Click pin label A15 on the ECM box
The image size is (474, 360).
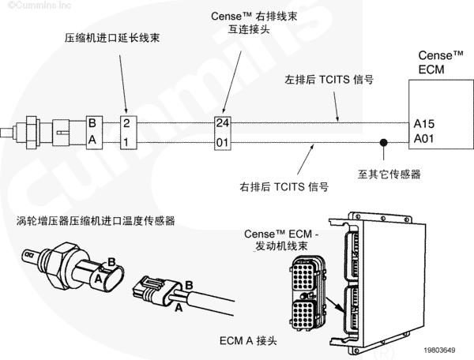(x=423, y=124)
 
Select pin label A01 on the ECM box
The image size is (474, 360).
(x=423, y=139)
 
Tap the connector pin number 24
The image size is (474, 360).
(x=223, y=123)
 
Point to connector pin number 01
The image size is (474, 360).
(x=222, y=143)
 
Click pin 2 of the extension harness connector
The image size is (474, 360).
(x=126, y=123)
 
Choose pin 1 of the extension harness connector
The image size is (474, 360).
(x=126, y=142)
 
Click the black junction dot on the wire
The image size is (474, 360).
(x=384, y=142)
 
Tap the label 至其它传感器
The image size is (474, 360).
(x=389, y=174)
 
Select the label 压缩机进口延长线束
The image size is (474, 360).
(x=112, y=38)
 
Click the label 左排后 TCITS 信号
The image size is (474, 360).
(x=329, y=80)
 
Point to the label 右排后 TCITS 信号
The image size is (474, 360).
(x=284, y=186)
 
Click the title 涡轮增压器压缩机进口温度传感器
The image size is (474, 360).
(x=96, y=221)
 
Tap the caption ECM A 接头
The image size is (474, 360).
(x=248, y=341)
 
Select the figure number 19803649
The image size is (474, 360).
(x=439, y=350)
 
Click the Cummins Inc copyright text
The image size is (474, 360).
(x=39, y=6)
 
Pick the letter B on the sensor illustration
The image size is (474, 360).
(x=111, y=261)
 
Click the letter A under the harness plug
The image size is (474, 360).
(x=179, y=308)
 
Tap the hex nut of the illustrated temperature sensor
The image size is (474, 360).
(x=62, y=265)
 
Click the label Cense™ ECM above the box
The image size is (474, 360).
(x=441, y=62)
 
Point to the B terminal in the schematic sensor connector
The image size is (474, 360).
(x=92, y=123)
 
